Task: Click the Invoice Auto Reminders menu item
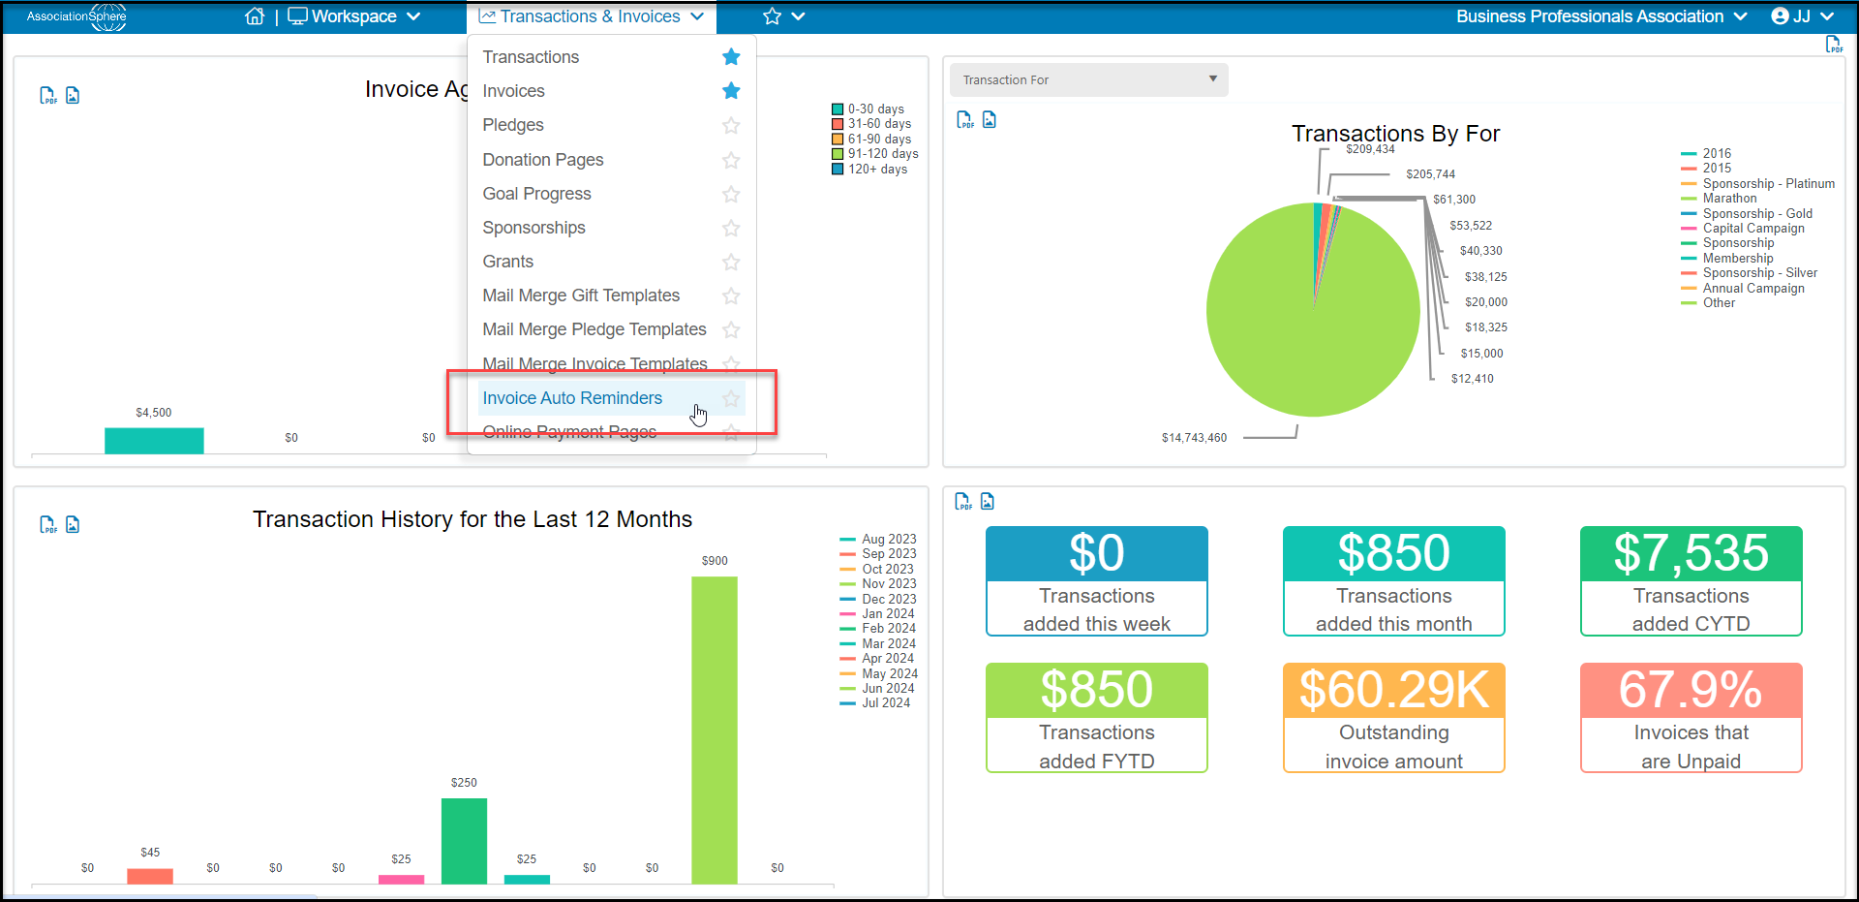572,398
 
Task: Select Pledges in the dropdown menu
513,125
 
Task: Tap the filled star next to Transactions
731,57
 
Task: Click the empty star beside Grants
731,262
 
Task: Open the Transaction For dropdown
1088,79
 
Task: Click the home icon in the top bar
255,16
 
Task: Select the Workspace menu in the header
354,16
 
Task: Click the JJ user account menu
1803,16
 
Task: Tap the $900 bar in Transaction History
715,730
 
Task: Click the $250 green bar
464,841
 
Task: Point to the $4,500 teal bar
154,441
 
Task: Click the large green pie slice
1297,320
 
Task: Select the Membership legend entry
1738,258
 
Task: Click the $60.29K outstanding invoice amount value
1394,690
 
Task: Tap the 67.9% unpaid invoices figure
1691,690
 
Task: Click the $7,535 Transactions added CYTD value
1691,553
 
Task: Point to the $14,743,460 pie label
1194,438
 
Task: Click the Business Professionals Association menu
1601,16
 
